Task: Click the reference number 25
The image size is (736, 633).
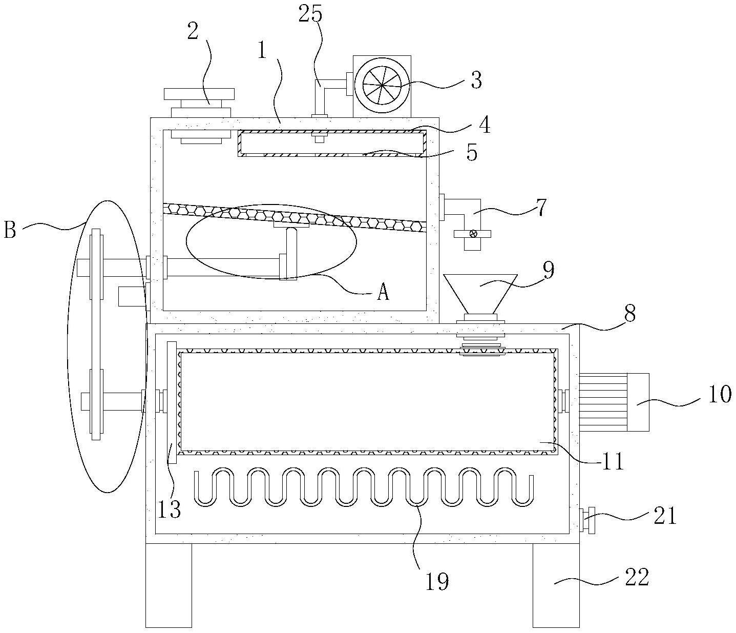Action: pyautogui.click(x=310, y=14)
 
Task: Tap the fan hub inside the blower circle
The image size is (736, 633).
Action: pyautogui.click(x=382, y=86)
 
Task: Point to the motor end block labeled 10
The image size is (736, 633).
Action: pyautogui.click(x=637, y=402)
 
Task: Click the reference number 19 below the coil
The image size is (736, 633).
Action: pyautogui.click(x=437, y=582)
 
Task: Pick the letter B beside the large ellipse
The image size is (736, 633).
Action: pyautogui.click(x=10, y=230)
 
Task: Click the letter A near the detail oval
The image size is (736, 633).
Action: pyautogui.click(x=383, y=293)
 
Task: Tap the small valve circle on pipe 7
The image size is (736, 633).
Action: pyautogui.click(x=473, y=234)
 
